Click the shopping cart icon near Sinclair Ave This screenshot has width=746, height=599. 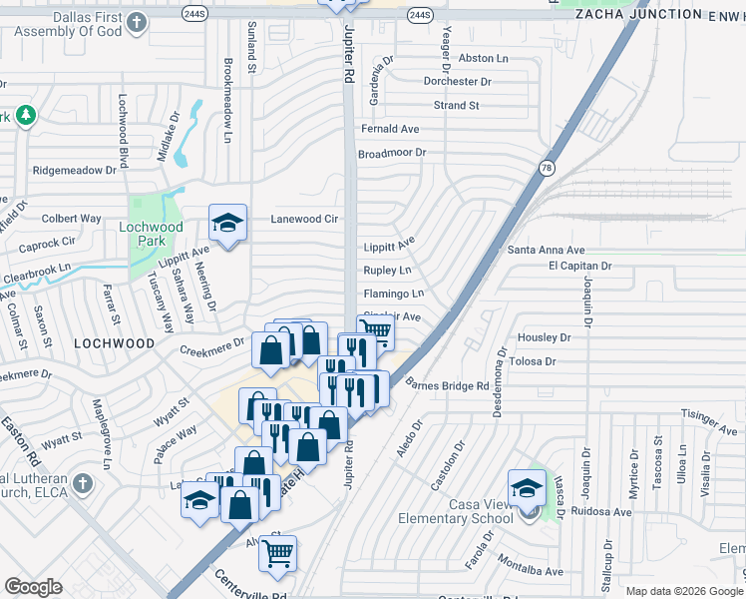tap(375, 331)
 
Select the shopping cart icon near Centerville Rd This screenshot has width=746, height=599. tap(278, 552)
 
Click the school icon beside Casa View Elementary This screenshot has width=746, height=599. tap(527, 489)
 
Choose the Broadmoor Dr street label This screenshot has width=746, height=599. tap(392, 153)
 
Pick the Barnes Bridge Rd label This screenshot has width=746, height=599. tap(449, 385)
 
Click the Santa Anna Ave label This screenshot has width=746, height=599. tap(546, 250)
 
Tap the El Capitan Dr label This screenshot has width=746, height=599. tap(579, 267)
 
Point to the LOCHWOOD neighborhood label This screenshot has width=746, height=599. tap(114, 343)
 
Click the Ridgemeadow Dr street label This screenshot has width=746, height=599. tap(75, 171)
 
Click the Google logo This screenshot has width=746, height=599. tap(33, 587)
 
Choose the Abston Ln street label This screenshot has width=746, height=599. tap(483, 59)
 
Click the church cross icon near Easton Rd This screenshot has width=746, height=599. tap(83, 483)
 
